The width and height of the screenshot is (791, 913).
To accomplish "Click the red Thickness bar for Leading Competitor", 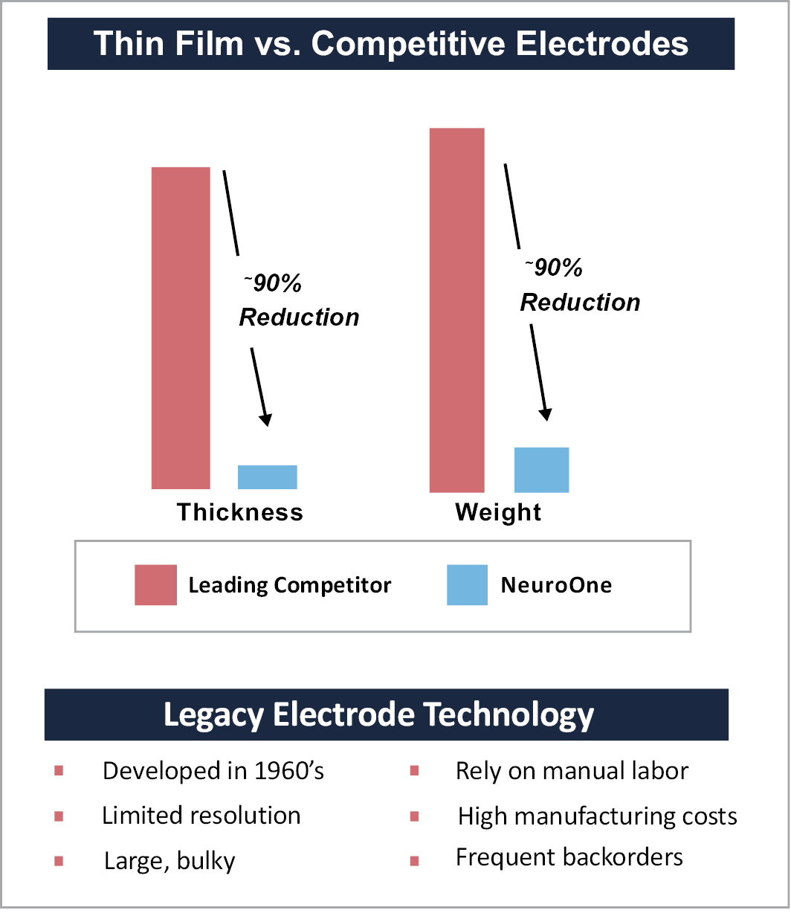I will point(181,328).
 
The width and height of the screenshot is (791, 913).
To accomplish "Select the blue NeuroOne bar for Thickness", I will point(267,477).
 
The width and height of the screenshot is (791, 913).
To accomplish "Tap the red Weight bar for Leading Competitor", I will point(457,310).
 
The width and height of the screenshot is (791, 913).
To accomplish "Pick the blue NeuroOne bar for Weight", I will point(541,470).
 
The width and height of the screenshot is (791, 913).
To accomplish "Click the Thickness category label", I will point(240,512).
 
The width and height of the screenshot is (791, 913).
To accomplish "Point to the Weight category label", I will point(498,512).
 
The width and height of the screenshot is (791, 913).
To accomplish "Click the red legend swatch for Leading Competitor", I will point(155,584).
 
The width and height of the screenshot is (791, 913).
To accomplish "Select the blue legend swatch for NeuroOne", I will point(467,584).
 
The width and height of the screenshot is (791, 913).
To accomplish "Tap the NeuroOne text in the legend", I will point(556,584).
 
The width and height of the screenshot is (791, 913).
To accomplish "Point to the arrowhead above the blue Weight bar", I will point(546,413).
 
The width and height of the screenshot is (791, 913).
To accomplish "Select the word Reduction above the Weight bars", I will point(580,303).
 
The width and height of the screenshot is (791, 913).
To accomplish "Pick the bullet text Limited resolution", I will point(201,816).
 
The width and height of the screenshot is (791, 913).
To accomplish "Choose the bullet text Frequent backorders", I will point(569,857).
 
